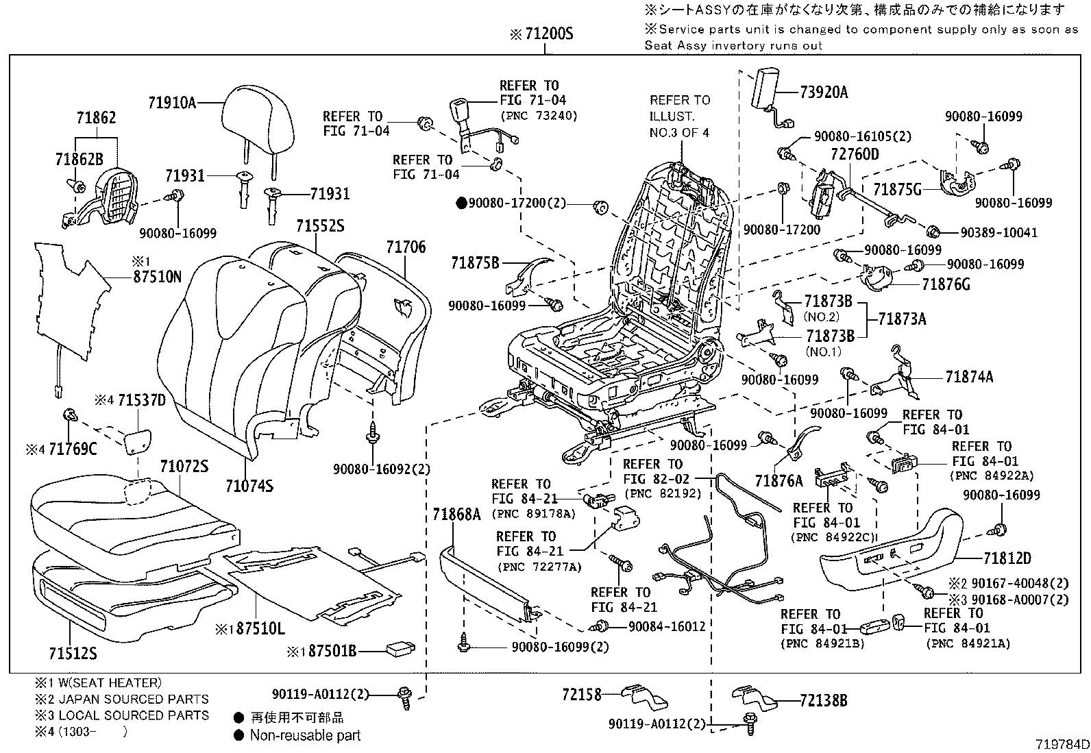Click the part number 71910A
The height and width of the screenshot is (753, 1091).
coord(172,103)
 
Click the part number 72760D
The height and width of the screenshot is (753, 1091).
coord(854,154)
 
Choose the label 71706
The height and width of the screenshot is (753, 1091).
coord(406,247)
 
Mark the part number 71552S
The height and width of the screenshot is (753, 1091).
coord(320,225)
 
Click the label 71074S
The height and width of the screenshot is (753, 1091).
coord(249,486)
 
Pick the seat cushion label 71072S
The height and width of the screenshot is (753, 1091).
coord(184,467)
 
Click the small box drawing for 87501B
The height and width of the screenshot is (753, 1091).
coord(398,648)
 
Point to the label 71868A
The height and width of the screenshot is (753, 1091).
coord(457,513)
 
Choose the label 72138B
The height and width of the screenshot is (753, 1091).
coord(823,700)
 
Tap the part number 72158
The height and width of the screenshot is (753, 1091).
coord(583,695)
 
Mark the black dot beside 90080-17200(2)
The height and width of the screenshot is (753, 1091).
coord(461,203)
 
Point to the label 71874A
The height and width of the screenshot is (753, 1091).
coord(969,377)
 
